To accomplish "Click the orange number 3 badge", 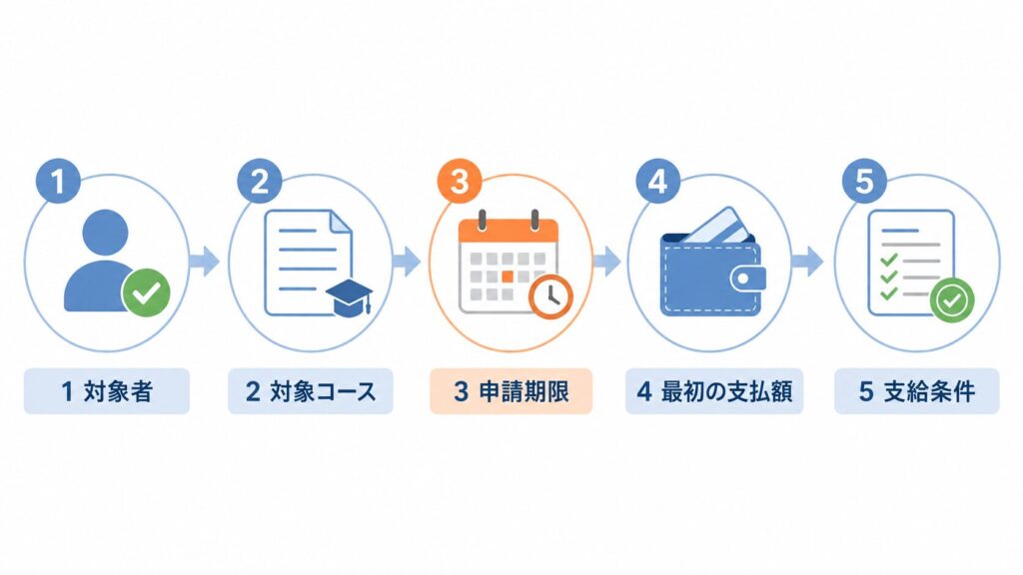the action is pos(460,181).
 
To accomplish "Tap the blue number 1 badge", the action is pos(58,181).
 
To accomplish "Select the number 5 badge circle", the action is pos(864,181).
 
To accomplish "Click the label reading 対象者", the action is pos(107,391).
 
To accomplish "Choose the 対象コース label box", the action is pos(311,391).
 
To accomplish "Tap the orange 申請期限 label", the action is pos(511,391).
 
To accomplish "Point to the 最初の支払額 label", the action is pos(714,391).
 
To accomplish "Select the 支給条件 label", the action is pos(917,391).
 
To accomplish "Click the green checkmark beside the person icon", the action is pos(146,292).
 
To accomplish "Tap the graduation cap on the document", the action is pos(350,298).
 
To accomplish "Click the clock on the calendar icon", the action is pos(550,296).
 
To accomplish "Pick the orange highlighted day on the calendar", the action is pos(507,277).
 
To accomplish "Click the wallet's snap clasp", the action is pos(746,280).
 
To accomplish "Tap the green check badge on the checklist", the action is pos(952,299).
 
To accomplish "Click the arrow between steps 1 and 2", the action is pos(204,262).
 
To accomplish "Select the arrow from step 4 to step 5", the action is pos(807,262).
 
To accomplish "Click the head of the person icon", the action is pos(106,231).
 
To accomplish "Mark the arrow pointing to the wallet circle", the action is pos(606,262).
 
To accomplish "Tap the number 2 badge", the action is pos(259,181).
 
